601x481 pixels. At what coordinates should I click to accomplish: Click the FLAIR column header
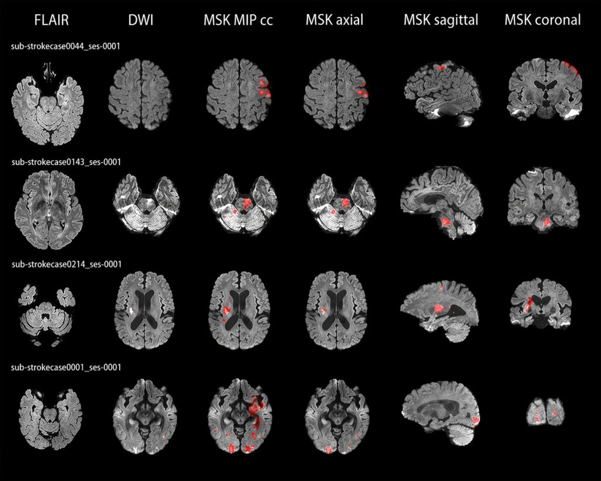point(52,19)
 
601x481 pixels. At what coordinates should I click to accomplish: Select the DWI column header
point(141,19)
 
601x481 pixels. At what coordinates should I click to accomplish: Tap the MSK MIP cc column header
point(238,19)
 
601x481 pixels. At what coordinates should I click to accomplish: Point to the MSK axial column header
point(334,19)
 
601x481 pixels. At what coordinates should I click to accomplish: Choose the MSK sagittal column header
point(441,19)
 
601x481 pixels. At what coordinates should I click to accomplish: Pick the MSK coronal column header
point(542,19)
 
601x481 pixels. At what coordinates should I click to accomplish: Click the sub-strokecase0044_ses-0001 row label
point(66,47)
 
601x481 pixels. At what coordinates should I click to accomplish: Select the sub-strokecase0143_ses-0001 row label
point(66,162)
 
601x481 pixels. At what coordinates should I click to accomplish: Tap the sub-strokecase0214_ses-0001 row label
point(66,265)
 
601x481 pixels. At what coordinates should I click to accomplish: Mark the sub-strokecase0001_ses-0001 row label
point(66,368)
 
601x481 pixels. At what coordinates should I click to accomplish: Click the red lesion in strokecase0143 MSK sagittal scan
point(445,221)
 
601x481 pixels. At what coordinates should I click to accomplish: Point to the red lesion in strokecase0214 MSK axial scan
point(322,310)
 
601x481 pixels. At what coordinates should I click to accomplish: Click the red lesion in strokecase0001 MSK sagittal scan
point(475,421)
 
